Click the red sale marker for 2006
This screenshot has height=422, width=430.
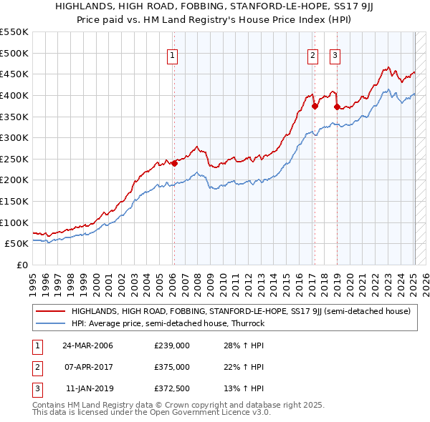pos(174,163)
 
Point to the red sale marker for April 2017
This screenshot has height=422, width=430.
pos(314,106)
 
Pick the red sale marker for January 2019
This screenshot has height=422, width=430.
pos(336,107)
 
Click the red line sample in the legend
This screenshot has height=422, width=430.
pos(50,312)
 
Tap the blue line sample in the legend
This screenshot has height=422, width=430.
pos(50,323)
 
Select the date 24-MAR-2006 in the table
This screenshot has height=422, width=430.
pos(88,346)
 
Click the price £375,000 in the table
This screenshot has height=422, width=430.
pos(171,367)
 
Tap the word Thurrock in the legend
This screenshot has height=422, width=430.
pos(247,323)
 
